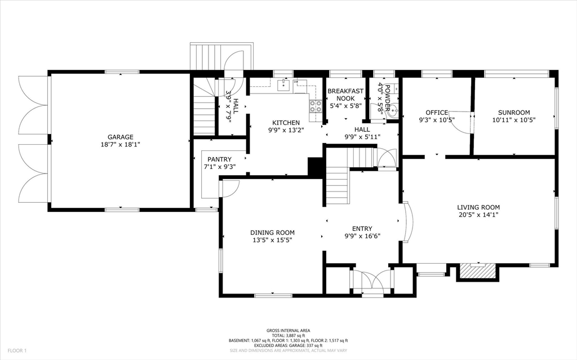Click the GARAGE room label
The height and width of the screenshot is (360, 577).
click(x=121, y=137)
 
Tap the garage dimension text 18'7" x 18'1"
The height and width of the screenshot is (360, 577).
click(x=121, y=144)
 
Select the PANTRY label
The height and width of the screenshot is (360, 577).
click(x=219, y=159)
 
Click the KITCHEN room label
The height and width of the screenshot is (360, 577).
click(x=286, y=123)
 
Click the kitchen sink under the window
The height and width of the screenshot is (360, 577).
click(x=285, y=85)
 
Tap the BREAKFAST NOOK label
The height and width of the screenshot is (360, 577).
click(x=345, y=95)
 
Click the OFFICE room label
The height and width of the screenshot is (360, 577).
click(x=437, y=113)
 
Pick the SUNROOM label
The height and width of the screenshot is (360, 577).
click(x=514, y=113)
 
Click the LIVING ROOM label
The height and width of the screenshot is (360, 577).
click(x=478, y=207)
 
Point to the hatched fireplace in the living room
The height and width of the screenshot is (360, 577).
click(x=478, y=272)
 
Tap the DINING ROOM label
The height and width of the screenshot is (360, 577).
click(x=272, y=233)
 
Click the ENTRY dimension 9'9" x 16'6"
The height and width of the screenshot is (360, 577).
click(x=362, y=237)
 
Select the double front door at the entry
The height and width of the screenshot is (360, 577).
click(x=371, y=282)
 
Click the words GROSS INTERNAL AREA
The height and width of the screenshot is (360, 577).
click(x=288, y=331)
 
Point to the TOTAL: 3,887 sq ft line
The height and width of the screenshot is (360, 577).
click(x=288, y=336)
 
